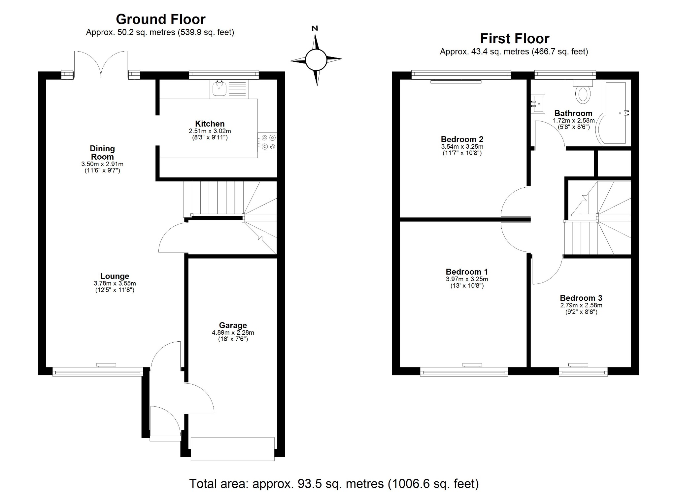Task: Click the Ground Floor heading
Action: tap(160, 19)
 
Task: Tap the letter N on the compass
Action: tap(315, 28)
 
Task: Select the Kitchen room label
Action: tap(210, 124)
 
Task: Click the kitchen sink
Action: tap(219, 89)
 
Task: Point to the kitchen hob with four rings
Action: tap(268, 142)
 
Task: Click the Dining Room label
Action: tap(102, 153)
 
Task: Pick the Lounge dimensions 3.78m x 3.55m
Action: tap(115, 284)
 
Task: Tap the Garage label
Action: tap(233, 325)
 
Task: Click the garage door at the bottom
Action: tap(233, 449)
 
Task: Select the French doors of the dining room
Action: tap(101, 65)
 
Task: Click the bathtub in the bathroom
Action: tap(616, 112)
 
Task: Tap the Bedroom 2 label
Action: tap(462, 139)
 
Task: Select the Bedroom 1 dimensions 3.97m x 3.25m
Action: tap(467, 279)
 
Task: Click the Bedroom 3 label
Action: tap(581, 298)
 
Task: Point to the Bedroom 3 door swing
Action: tap(545, 269)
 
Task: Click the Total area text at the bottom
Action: tap(334, 484)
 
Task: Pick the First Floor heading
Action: tap(514, 39)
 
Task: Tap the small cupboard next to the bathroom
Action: tap(614, 164)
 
